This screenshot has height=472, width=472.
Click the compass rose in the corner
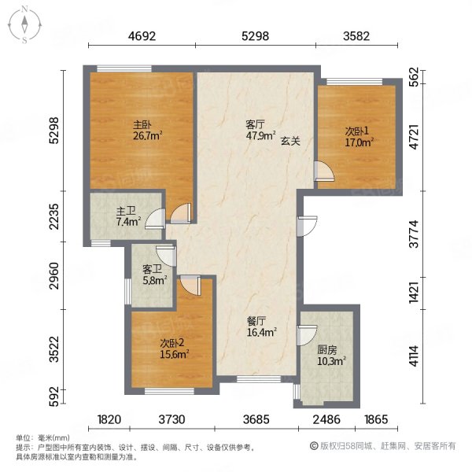click(24, 25)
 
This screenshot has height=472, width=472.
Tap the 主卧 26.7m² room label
click(148, 131)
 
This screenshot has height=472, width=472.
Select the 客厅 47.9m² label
click(260, 130)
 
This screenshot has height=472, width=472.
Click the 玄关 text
click(290, 141)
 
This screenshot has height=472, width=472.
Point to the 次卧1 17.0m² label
click(360, 137)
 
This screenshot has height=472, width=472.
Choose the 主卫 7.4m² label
click(128, 216)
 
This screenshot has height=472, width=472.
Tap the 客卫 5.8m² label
click(155, 275)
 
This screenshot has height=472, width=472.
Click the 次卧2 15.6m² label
click(174, 348)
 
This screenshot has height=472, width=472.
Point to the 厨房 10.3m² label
click(331, 356)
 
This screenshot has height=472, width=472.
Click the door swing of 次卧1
click(324, 171)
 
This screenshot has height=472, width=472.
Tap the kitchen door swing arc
click(307, 335)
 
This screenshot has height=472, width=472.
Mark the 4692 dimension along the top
click(142, 36)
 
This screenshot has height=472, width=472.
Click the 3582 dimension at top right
click(356, 36)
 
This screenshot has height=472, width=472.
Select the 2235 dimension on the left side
click(54, 216)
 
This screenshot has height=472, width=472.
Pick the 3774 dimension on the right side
click(415, 234)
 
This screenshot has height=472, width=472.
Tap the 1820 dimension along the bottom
click(109, 419)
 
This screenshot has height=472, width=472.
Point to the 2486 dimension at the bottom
click(326, 419)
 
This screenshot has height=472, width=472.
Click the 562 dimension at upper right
click(415, 77)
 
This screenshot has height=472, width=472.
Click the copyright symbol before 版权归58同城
click(314, 446)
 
